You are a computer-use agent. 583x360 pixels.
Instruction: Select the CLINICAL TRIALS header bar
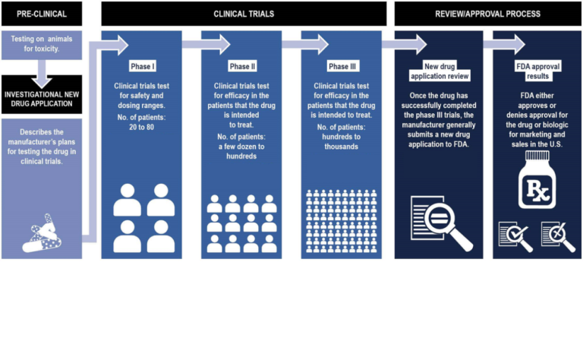(x=243, y=14)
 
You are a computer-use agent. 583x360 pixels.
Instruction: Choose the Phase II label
(x=243, y=66)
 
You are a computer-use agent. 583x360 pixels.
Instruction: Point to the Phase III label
(x=339, y=66)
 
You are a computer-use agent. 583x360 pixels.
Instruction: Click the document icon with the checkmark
(x=515, y=235)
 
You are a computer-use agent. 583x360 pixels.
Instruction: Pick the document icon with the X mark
(x=558, y=235)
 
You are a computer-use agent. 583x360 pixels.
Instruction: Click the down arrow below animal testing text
(x=42, y=68)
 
